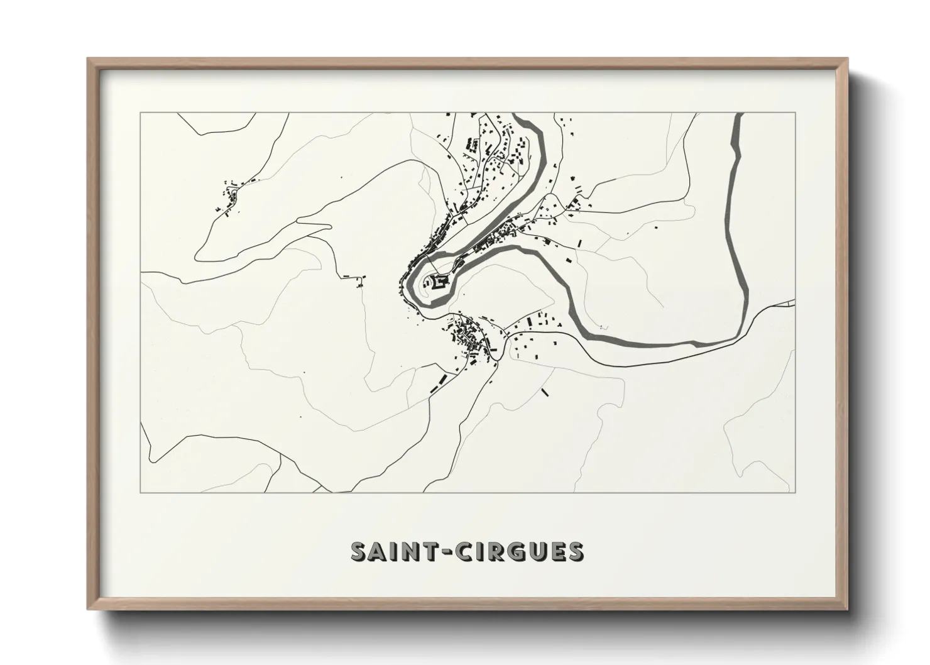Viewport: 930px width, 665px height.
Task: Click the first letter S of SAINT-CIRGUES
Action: tap(359, 551)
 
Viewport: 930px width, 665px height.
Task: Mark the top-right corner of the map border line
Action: tap(796, 113)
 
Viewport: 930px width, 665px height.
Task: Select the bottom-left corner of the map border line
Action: tap(141, 492)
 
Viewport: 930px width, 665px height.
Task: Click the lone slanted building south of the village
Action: tap(545, 392)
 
